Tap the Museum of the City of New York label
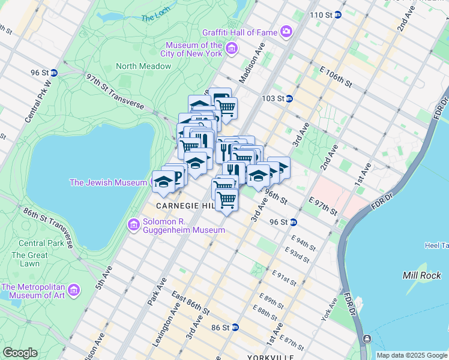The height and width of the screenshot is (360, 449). [x=194, y=49]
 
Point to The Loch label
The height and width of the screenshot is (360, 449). [x=156, y=19]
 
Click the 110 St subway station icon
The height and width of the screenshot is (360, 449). [x=337, y=14]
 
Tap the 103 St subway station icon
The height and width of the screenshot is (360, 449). [x=289, y=98]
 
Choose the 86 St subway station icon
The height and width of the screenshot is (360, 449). [x=235, y=328]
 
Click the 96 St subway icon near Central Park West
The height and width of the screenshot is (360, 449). [x=53, y=73]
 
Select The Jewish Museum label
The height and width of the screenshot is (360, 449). [x=108, y=182]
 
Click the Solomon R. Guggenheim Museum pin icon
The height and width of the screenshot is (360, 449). [x=133, y=225]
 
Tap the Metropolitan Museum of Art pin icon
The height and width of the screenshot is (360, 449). [x=74, y=291]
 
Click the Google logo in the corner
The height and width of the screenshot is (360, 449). [x=20, y=353]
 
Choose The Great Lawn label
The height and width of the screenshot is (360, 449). [x=26, y=259]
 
